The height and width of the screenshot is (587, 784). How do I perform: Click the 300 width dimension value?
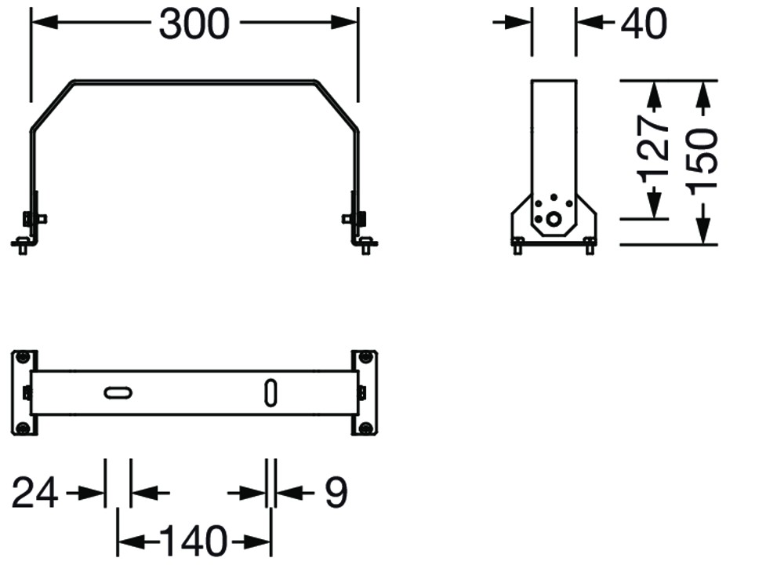pos(194,24)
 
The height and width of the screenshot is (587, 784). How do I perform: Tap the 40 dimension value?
pos(644,24)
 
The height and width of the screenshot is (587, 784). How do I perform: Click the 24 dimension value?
pos(34,494)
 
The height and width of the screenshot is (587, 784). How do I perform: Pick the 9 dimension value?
pos(336,493)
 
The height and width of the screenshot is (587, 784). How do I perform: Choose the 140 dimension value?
pos(194,541)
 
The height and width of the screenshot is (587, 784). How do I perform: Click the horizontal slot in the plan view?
pos(118,393)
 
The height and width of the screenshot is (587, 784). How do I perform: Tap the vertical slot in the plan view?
pos(270,393)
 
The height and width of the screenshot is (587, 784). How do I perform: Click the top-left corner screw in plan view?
pos(23,359)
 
